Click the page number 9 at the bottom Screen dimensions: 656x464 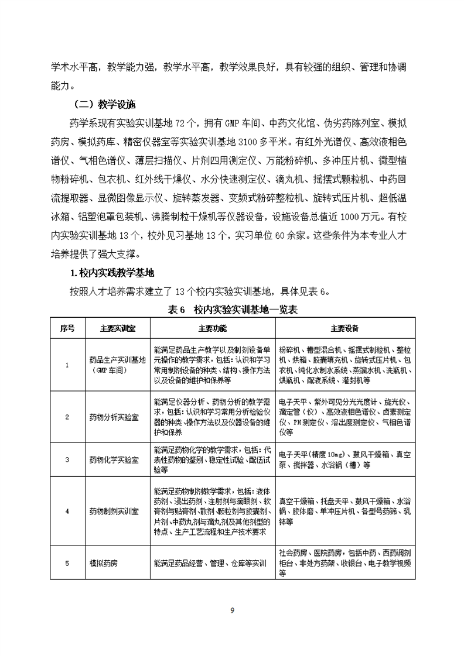232,611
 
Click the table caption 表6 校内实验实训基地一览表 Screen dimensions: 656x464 231,309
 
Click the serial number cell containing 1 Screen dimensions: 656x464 67,365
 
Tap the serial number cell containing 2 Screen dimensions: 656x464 67,417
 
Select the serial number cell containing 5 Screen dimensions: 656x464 67,563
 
